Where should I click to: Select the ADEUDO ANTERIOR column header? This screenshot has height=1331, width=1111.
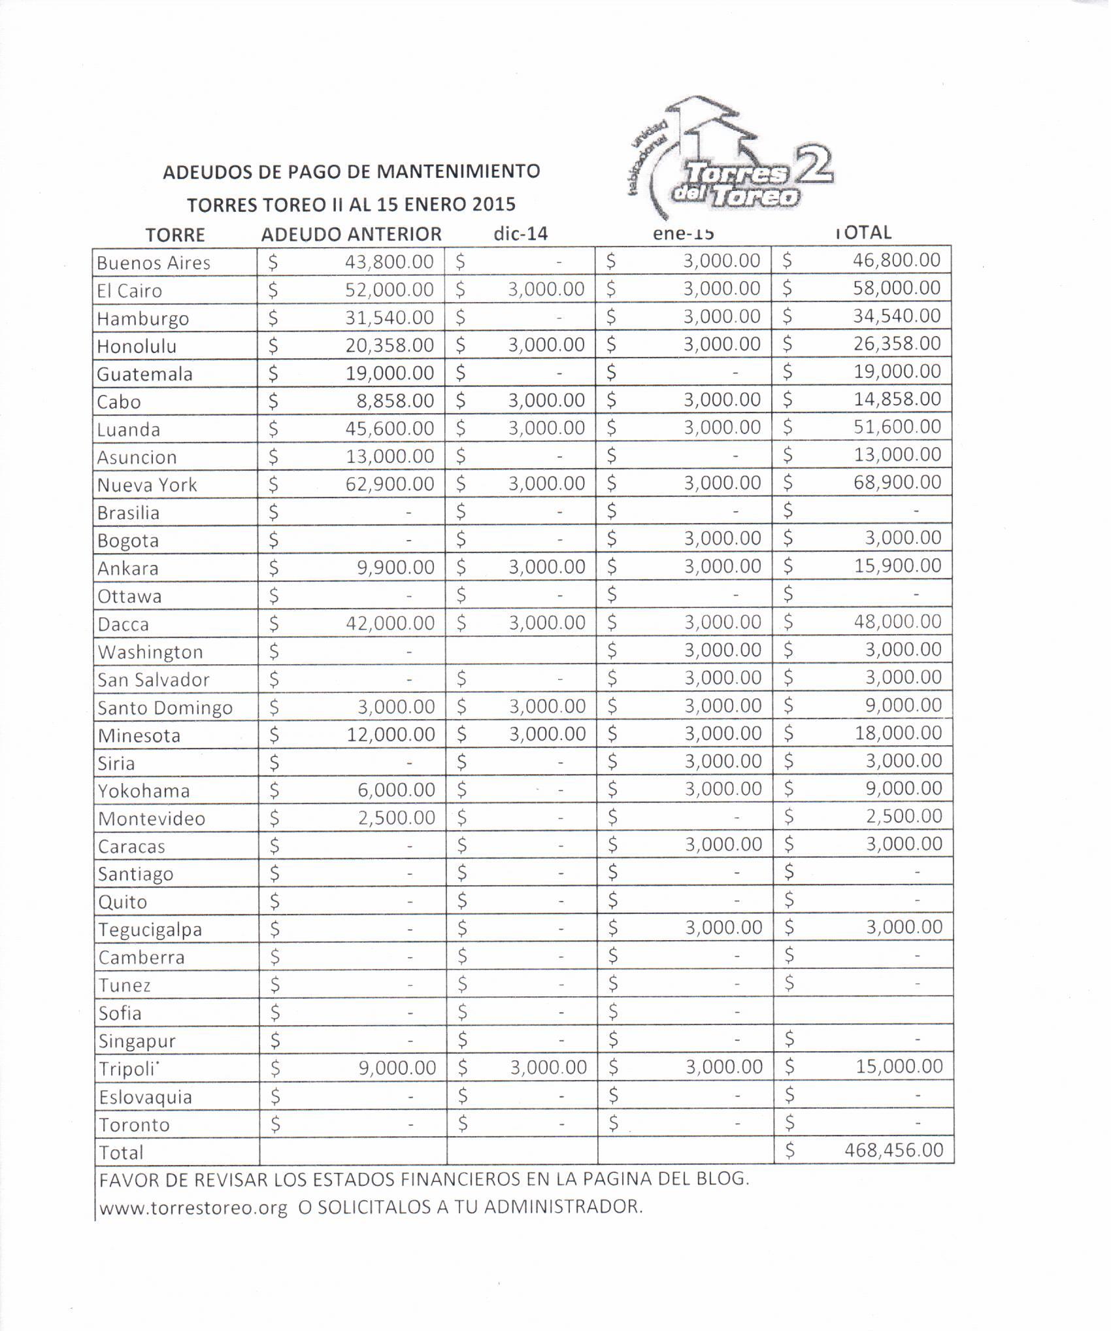(351, 234)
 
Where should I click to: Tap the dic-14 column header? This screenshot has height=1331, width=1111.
(520, 233)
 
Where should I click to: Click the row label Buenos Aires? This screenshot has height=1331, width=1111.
(154, 263)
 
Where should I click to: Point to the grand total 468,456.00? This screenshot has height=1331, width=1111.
(893, 1150)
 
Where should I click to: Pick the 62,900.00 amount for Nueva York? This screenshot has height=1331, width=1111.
(390, 484)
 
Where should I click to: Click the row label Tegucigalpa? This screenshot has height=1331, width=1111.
(150, 929)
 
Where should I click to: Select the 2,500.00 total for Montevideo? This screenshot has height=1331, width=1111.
(904, 816)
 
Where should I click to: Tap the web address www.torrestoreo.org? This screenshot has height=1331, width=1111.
(193, 1207)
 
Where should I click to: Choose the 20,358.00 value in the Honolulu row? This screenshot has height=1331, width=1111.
(390, 345)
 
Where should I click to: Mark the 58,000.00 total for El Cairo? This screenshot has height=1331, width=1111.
(897, 288)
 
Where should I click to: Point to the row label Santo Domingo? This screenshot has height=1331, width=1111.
(165, 707)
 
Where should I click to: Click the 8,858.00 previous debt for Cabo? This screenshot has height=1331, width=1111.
(395, 400)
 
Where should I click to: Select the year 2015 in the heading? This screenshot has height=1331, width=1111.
(494, 205)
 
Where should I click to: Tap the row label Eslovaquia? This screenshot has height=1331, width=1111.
(145, 1096)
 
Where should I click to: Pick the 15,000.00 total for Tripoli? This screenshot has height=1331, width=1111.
(899, 1067)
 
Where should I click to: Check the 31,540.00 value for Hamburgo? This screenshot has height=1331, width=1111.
(390, 317)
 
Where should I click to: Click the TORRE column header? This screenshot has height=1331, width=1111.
(175, 235)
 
